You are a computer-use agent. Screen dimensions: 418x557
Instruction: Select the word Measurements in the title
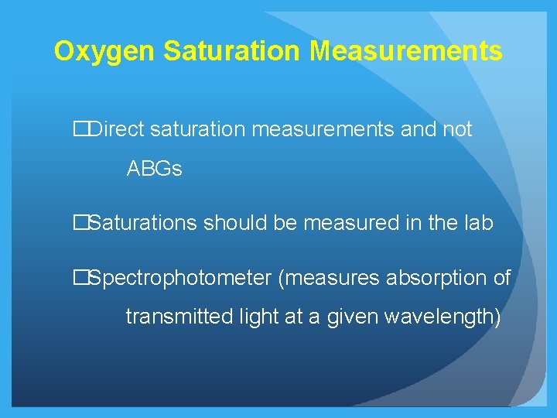[406, 52]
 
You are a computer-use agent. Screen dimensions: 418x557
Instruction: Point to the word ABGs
[154, 169]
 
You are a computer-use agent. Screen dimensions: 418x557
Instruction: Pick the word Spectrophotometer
[180, 278]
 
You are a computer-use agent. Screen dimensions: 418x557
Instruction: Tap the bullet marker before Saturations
[80, 223]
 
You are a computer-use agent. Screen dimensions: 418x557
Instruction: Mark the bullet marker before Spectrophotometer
[80, 278]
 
